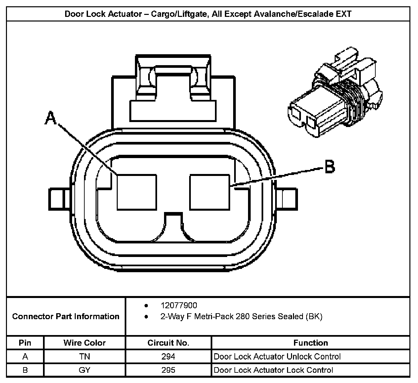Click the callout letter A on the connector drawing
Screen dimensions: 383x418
(50, 118)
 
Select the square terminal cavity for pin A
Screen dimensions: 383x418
(137, 192)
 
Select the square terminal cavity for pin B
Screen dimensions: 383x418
(210, 192)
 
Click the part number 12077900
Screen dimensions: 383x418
(179, 305)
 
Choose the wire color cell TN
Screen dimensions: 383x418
(85, 357)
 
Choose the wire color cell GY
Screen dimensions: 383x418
(85, 370)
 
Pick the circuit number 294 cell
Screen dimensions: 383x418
(168, 357)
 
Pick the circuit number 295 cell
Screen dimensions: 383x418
(168, 370)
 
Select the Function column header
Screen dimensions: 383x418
(311, 343)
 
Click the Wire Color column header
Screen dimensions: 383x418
(85, 343)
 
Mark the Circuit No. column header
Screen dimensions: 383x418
(168, 343)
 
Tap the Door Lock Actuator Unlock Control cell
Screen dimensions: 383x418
(277, 357)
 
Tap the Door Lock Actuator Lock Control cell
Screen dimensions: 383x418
(273, 370)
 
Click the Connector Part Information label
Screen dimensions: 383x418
(66, 317)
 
